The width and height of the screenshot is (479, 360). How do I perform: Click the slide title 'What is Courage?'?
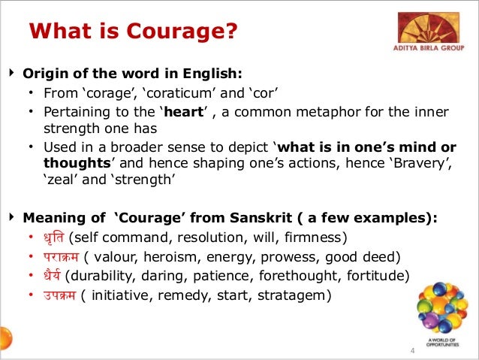(133, 32)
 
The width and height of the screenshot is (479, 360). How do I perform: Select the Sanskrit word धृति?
(52, 239)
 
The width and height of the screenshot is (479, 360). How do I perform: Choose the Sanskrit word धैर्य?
(51, 275)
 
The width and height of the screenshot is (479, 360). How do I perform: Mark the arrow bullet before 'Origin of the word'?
(11, 74)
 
